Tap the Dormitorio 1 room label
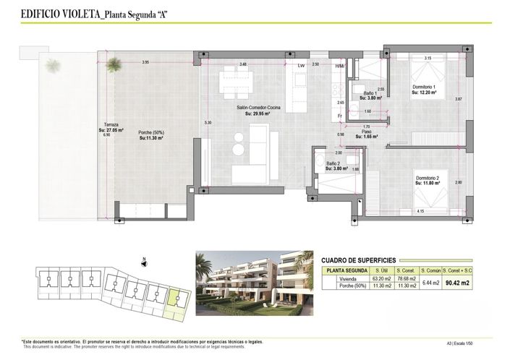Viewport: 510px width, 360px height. (x=424, y=89)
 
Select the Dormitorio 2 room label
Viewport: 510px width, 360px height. (x=428, y=180)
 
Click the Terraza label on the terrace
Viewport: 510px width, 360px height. (x=110, y=127)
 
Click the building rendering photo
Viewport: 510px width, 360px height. (x=254, y=280)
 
